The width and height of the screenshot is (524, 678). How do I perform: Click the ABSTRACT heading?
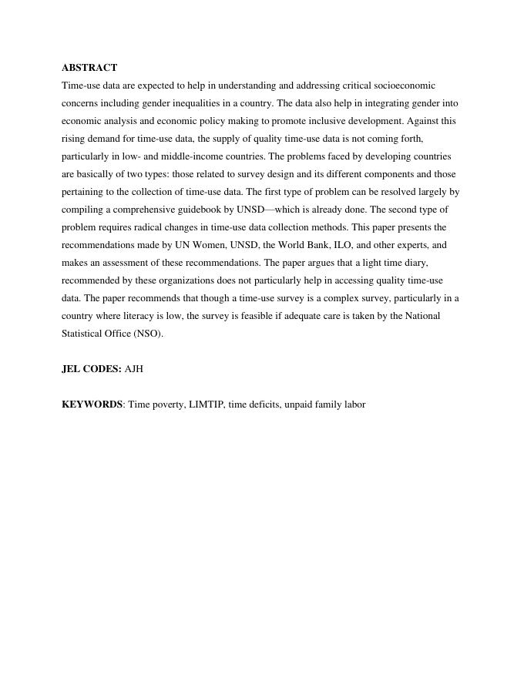point(89,68)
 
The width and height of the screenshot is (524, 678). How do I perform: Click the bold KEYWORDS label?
point(92,404)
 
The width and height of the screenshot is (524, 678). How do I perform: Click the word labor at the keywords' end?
point(354,404)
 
